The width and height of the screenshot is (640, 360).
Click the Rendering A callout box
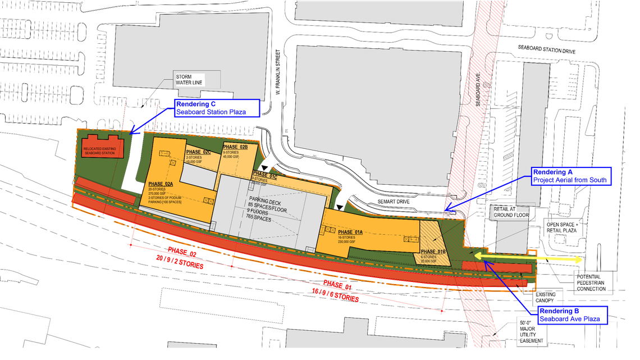[571, 176]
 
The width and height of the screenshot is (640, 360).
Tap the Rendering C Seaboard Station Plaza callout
[217, 108]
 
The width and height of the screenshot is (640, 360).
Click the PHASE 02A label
[161, 184]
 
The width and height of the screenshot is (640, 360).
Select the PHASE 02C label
[198, 152]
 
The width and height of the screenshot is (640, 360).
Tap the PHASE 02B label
[235, 147]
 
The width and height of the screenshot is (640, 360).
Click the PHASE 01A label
[350, 231]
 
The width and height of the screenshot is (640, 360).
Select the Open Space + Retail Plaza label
[563, 227]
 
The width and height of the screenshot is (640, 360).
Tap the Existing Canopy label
[546, 298]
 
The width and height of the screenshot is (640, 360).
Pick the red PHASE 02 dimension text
[180, 259]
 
